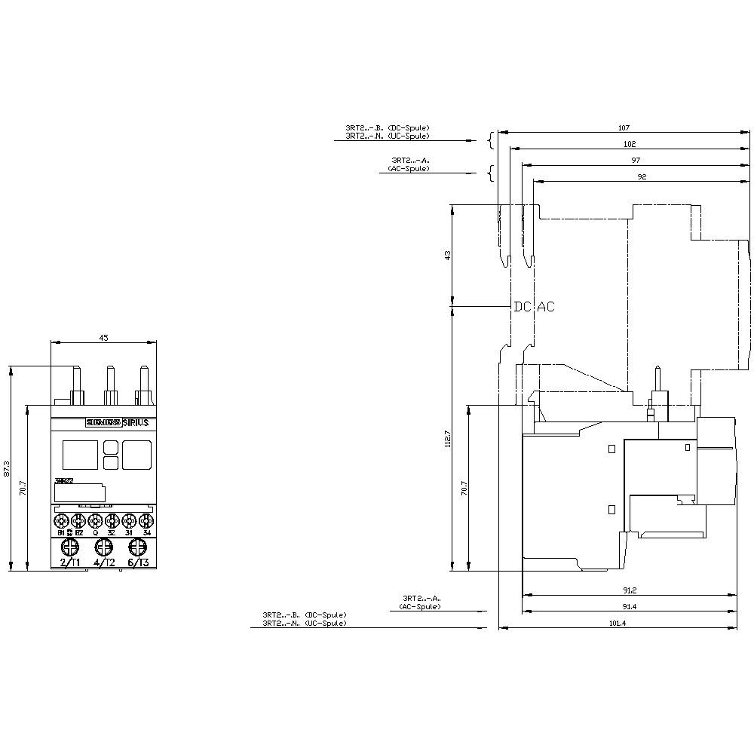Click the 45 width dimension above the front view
click(104, 339)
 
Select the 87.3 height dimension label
click(6, 469)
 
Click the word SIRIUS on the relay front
click(135, 423)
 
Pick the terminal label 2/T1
click(69, 562)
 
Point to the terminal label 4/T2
click(104, 562)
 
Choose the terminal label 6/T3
click(138, 562)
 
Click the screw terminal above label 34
click(146, 520)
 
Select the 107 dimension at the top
click(624, 128)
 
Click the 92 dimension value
click(642, 176)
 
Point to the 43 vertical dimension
click(447, 256)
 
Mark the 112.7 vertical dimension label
click(447, 438)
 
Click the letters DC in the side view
click(523, 307)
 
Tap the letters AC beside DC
click(545, 307)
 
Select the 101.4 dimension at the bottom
click(618, 623)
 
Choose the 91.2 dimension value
click(630, 590)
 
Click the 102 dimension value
click(630, 144)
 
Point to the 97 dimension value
click(636, 161)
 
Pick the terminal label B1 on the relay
click(61, 532)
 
